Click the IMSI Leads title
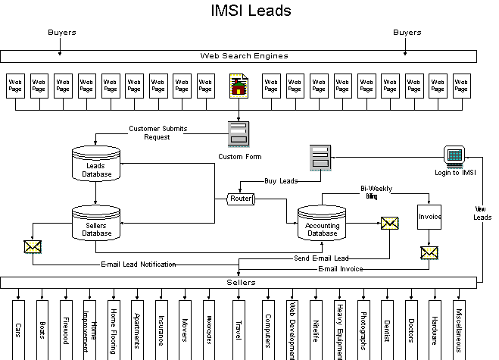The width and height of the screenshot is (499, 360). click(249, 11)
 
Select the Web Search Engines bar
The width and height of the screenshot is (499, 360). click(239, 55)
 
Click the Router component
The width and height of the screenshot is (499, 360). click(240, 199)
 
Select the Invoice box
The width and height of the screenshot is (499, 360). click(429, 217)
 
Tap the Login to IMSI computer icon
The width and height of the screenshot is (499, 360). click(455, 158)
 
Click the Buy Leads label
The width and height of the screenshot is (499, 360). click(280, 181)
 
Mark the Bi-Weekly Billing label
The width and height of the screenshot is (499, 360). click(376, 192)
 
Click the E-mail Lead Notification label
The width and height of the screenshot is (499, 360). click(139, 265)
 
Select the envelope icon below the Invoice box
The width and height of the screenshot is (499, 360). click(429, 252)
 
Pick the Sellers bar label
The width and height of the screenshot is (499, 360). click(239, 282)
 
